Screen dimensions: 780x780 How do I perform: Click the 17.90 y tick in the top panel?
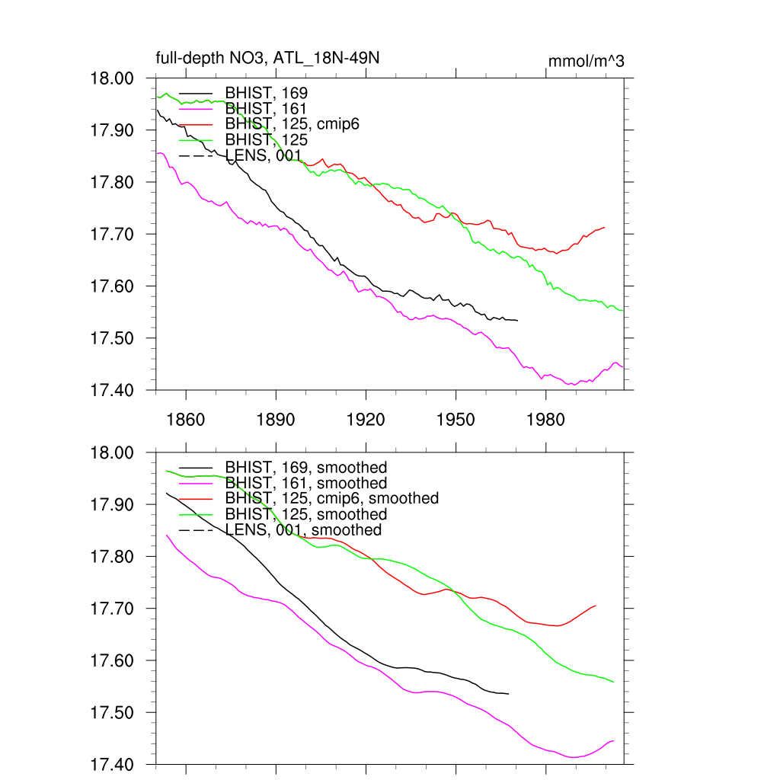pos(113,130)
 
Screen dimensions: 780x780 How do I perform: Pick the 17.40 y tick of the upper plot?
pos(113,390)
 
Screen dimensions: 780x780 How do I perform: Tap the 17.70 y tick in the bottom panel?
pos(113,609)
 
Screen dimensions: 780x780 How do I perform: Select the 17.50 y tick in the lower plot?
pos(113,713)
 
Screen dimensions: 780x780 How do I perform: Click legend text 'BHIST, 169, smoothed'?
pos(306,467)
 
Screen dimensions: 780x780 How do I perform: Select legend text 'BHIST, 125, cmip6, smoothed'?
pos(332,498)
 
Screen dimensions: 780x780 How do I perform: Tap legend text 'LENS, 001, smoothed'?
pos(303,529)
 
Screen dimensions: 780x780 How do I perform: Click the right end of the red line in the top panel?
pos(604,227)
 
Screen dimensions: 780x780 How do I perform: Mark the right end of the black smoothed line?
pos(508,694)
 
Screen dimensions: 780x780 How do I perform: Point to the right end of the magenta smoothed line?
pos(613,740)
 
